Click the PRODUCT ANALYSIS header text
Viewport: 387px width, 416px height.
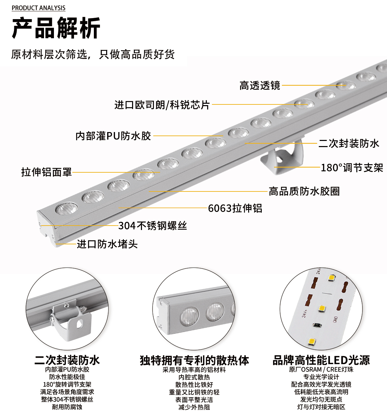point(39,8)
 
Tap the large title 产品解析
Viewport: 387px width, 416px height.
point(56,28)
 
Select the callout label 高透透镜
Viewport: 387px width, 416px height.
point(260,85)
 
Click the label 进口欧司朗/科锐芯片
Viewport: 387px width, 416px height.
point(162,105)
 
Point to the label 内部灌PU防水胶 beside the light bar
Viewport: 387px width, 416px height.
point(113,136)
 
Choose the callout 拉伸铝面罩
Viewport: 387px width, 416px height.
point(46,172)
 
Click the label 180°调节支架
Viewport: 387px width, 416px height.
point(352,168)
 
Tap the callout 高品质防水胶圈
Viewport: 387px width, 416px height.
point(304,191)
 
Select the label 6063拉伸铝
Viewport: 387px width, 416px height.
point(235,208)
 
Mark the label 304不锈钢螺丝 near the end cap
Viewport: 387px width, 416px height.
point(153,226)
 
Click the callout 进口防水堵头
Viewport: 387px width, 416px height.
point(107,244)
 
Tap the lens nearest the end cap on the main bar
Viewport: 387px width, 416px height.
point(67,209)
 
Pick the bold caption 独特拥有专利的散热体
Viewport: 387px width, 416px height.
point(195,360)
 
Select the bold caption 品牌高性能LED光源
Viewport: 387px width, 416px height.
point(321,360)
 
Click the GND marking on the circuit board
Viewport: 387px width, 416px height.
point(335,319)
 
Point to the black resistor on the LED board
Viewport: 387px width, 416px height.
point(317,325)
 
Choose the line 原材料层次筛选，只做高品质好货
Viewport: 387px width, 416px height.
point(93,55)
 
